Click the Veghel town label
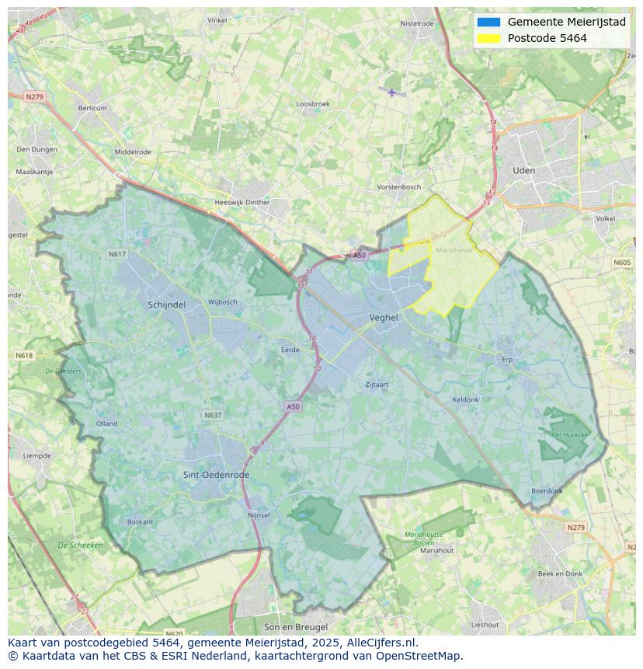pos(384,318)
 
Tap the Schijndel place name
pos(167,305)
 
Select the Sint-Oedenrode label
pos(217,475)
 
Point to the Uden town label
pos(524,170)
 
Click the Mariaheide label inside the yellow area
pos(454,251)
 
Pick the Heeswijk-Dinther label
pos(242,203)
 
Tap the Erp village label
pos(508,360)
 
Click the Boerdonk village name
pos(547,491)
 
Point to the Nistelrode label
pos(417,23)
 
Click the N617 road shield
pos(116,254)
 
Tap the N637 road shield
pos(213,416)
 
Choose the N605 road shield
pos(622,263)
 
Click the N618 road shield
pos(24,355)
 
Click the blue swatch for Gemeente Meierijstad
pos(488,22)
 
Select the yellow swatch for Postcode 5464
pos(488,38)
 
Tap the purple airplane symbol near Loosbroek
pos(392,92)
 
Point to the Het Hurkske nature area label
pos(569,435)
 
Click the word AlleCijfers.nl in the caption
pos(381,643)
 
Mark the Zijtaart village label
pos(377,384)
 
